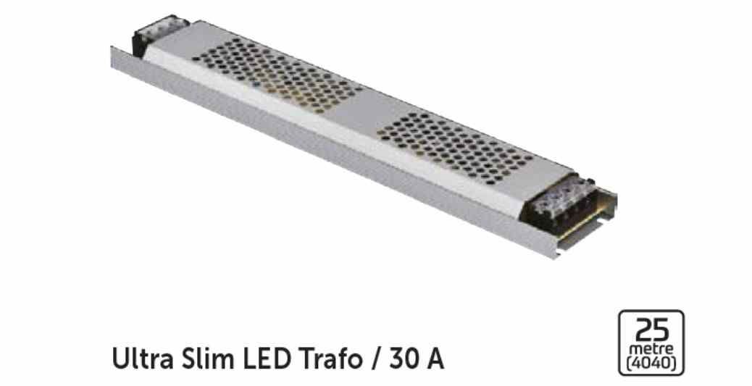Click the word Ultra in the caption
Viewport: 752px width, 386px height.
138,358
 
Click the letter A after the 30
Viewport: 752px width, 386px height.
435,358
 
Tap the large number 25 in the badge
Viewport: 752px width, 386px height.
651,330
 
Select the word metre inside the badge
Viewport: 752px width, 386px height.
651,348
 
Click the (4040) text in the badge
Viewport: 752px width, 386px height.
651,362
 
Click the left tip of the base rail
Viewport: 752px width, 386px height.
114,58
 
